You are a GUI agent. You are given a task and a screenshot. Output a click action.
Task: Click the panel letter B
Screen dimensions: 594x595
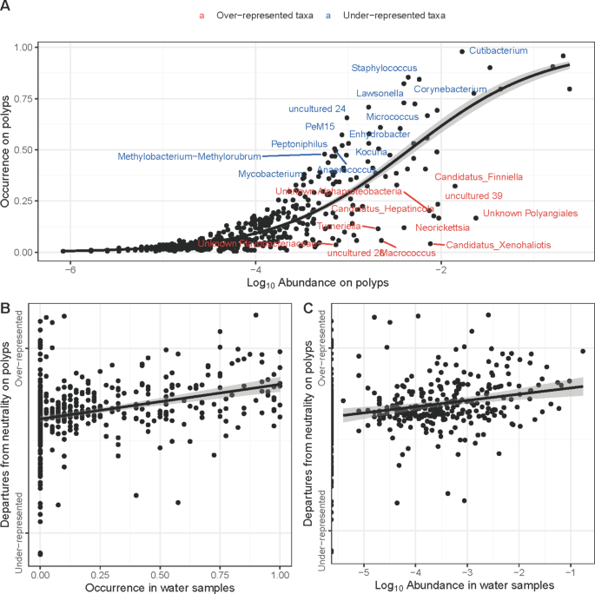click(x=6, y=307)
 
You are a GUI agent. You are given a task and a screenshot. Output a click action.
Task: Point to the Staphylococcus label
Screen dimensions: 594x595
click(x=384, y=68)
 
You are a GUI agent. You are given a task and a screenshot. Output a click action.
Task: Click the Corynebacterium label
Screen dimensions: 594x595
click(x=449, y=89)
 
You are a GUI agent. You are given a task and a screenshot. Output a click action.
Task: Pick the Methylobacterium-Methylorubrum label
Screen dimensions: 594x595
click(x=188, y=156)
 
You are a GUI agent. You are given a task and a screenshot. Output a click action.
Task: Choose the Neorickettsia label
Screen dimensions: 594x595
click(x=442, y=228)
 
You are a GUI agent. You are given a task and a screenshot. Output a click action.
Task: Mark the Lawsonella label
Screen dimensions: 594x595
click(x=380, y=93)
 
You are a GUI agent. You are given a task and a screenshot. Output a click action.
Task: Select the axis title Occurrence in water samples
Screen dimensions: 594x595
click(x=160, y=587)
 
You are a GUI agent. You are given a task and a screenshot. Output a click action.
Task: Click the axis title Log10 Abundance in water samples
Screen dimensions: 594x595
click(x=458, y=587)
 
